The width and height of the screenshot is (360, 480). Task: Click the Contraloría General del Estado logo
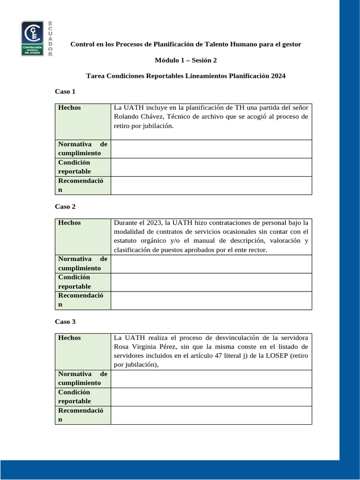tap(33, 38)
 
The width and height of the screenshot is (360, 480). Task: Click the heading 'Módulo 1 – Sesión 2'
tap(186, 60)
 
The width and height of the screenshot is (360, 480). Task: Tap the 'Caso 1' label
tap(65, 91)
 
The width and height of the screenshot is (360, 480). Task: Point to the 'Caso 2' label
tap(65, 206)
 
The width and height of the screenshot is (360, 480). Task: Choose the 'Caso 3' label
tap(65, 322)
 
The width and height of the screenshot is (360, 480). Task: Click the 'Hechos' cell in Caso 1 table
tap(69, 108)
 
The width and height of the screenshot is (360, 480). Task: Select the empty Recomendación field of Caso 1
tap(211, 185)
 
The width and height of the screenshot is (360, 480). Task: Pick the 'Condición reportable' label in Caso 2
tap(75, 282)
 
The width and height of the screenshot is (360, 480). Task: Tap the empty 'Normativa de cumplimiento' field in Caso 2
tap(211, 264)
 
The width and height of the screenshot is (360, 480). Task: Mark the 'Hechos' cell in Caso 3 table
tap(69, 338)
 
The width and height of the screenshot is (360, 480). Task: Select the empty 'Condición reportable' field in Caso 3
tap(211, 397)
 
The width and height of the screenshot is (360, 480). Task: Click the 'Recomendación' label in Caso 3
tap(81, 415)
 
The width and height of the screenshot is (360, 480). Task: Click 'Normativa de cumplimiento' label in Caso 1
tap(82, 149)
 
